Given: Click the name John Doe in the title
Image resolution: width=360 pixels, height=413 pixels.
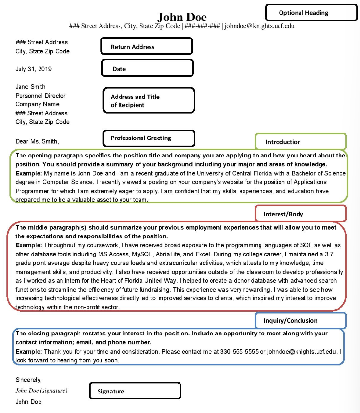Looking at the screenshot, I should tap(182, 17).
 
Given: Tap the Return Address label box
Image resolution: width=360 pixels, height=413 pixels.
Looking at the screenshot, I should tap(146, 47).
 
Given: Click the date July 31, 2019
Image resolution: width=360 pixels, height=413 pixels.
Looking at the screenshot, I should tap(37, 69).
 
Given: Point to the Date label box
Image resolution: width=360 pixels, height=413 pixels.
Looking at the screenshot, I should tap(147, 69).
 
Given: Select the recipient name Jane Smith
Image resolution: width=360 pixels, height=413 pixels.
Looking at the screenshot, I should tap(31, 87).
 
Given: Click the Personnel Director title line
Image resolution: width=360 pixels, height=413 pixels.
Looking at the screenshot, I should tap(40, 96).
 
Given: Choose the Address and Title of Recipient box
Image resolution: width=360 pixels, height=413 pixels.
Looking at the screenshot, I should tap(149, 100).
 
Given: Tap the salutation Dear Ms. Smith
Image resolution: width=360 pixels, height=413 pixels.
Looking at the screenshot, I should tap(37, 141).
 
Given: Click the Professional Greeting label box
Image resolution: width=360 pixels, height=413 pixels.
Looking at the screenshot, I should tap(149, 138).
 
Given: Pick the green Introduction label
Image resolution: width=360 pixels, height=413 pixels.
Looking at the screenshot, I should tap(300, 142).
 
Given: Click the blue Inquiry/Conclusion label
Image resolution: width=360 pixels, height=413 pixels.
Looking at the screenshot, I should tap(300, 320).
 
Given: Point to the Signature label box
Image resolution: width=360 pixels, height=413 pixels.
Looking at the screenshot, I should tap(135, 391).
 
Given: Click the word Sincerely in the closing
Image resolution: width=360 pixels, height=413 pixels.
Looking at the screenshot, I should tap(29, 380).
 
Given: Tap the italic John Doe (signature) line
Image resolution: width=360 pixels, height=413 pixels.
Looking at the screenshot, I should tap(41, 391).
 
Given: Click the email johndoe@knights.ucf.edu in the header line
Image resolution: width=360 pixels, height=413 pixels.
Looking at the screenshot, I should tap(259, 26).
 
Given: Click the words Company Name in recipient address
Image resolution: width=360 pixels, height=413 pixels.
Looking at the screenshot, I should tap(37, 104).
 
